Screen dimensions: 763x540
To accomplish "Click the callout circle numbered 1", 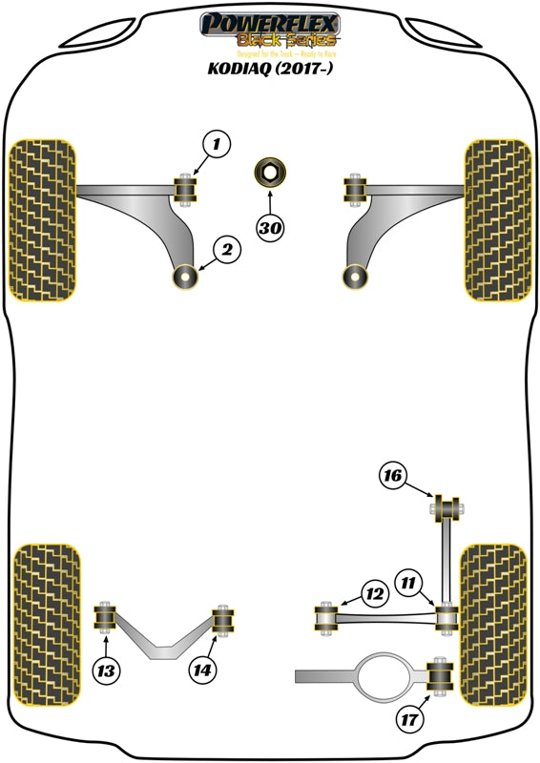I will [217, 145].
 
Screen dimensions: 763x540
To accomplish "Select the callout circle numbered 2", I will [227, 251].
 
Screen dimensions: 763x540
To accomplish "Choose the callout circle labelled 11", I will [409, 580].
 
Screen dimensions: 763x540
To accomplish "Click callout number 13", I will [108, 671].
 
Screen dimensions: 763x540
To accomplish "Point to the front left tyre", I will [42, 220].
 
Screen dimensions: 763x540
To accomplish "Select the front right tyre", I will [496, 220].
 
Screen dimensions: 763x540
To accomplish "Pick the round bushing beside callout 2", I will [185, 277].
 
